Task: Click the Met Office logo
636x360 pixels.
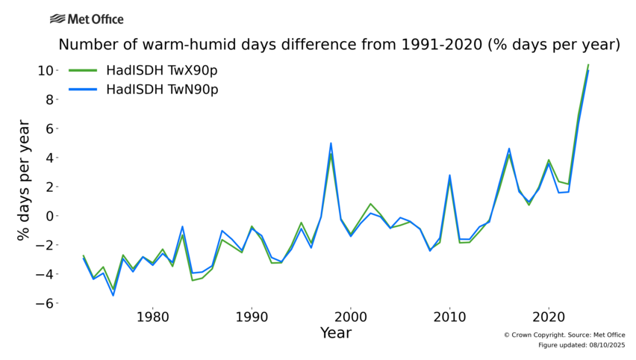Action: click(87, 19)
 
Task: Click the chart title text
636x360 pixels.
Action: click(340, 45)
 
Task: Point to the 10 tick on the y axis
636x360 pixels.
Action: click(44, 70)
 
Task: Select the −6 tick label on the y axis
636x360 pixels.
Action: click(44, 303)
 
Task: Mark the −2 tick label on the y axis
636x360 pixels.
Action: click(44, 245)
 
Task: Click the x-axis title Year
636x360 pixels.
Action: click(335, 333)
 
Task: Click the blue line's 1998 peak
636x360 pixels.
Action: click(331, 143)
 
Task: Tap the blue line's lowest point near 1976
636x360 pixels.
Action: click(113, 295)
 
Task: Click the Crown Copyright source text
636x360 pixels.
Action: click(564, 335)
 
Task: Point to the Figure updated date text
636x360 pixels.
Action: click(582, 345)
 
